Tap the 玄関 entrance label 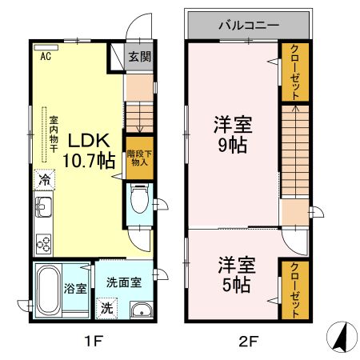pyautogui.click(x=142, y=58)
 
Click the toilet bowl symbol pyautogui.click(x=139, y=197)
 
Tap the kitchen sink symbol pyautogui.click(x=42, y=211)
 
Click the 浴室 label pyautogui.click(x=76, y=288)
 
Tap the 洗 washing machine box pyautogui.click(x=107, y=306)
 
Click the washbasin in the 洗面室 pyautogui.click(x=141, y=310)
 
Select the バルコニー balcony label pyautogui.click(x=249, y=25)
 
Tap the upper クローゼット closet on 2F pyautogui.click(x=295, y=72)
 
